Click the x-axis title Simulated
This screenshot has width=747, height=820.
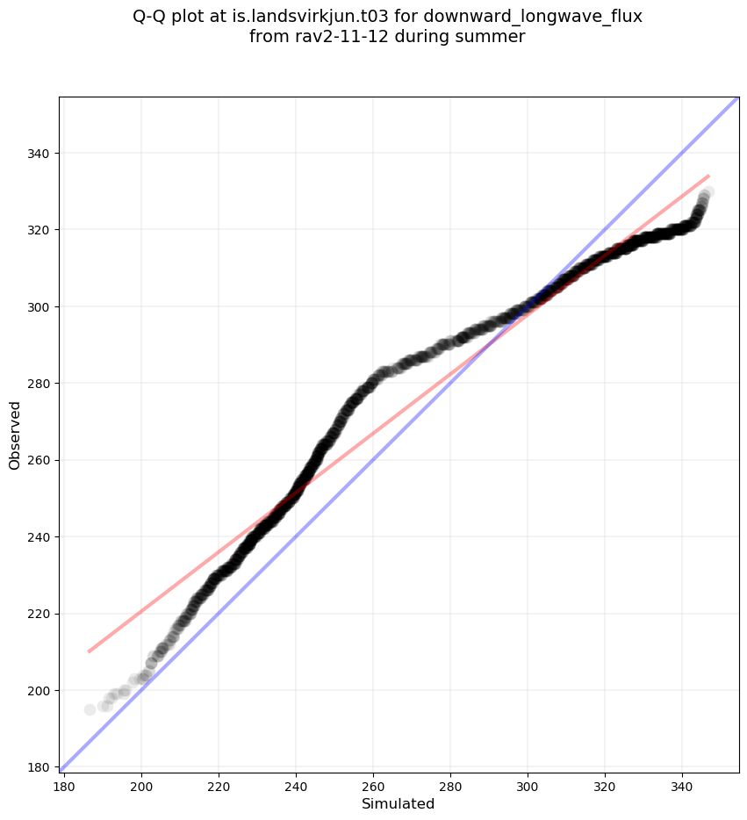(398, 803)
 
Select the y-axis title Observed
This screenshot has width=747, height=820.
(15, 435)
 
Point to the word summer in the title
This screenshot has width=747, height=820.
(494, 37)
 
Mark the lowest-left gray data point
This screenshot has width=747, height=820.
(90, 709)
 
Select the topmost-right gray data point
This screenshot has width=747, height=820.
(707, 191)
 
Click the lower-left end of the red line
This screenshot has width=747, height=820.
(89, 651)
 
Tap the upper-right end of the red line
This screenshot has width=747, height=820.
(708, 176)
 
